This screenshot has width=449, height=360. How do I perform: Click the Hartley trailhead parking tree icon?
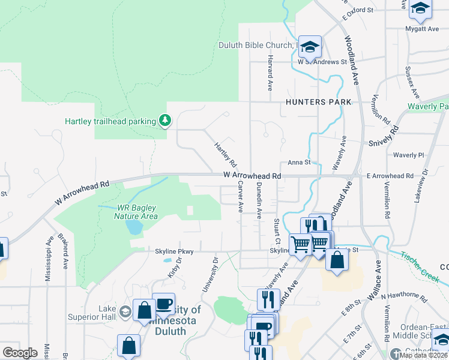164,121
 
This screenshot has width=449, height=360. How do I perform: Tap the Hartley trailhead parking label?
110,121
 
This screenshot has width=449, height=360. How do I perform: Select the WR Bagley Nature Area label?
137,212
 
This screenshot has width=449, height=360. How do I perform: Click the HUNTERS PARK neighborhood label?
318,103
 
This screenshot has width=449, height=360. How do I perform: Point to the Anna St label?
299,162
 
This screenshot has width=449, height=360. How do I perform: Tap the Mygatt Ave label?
422,29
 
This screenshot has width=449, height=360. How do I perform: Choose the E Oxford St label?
358,14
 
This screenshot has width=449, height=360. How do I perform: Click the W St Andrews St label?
322,62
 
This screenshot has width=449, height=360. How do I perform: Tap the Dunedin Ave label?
259,200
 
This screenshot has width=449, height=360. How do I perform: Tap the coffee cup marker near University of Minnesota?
163,304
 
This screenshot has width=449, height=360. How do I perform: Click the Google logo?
20,353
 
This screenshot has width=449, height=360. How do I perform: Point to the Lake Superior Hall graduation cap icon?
125,311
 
